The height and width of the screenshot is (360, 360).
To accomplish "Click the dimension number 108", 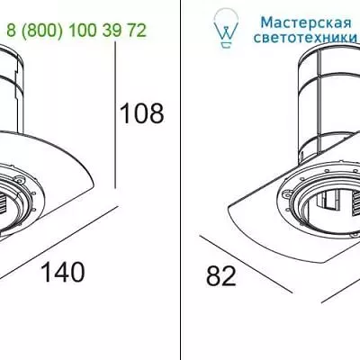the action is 141,113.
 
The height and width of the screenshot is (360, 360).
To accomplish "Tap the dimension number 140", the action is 63,272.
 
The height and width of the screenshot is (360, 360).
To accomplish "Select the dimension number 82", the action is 221,276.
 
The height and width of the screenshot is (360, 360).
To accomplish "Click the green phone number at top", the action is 76,31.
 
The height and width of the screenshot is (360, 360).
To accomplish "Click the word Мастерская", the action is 306,22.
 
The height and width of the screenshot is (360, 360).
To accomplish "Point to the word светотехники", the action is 305,38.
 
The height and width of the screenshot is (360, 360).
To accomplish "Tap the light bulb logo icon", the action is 226,28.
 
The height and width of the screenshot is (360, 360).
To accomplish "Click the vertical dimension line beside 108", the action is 115,115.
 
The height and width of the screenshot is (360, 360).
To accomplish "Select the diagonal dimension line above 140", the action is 58,243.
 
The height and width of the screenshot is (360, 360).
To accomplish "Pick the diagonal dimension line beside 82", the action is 246,264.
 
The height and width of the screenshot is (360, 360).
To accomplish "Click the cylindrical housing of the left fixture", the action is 12,89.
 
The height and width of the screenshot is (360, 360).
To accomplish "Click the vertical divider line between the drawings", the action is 180,180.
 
